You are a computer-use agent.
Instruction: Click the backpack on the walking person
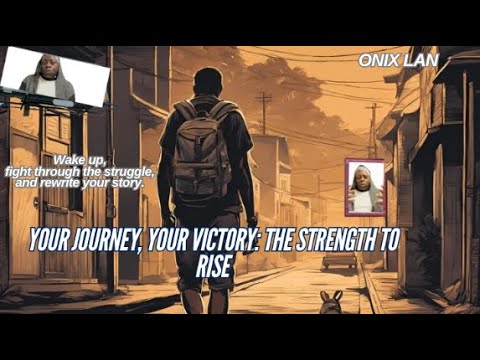pyautogui.click(x=202, y=150)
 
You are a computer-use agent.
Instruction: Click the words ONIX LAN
pyautogui.click(x=397, y=60)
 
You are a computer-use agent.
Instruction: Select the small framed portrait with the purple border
pyautogui.click(x=364, y=187)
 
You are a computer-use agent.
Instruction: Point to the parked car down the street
pyautogui.click(x=339, y=260)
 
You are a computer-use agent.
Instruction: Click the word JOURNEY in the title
pyautogui.click(x=101, y=239)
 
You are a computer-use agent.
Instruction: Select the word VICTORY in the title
pyautogui.click(x=210, y=239)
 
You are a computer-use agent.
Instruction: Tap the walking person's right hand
pyautogui.click(x=252, y=221)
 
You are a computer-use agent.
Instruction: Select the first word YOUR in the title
pyautogui.click(x=47, y=239)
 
